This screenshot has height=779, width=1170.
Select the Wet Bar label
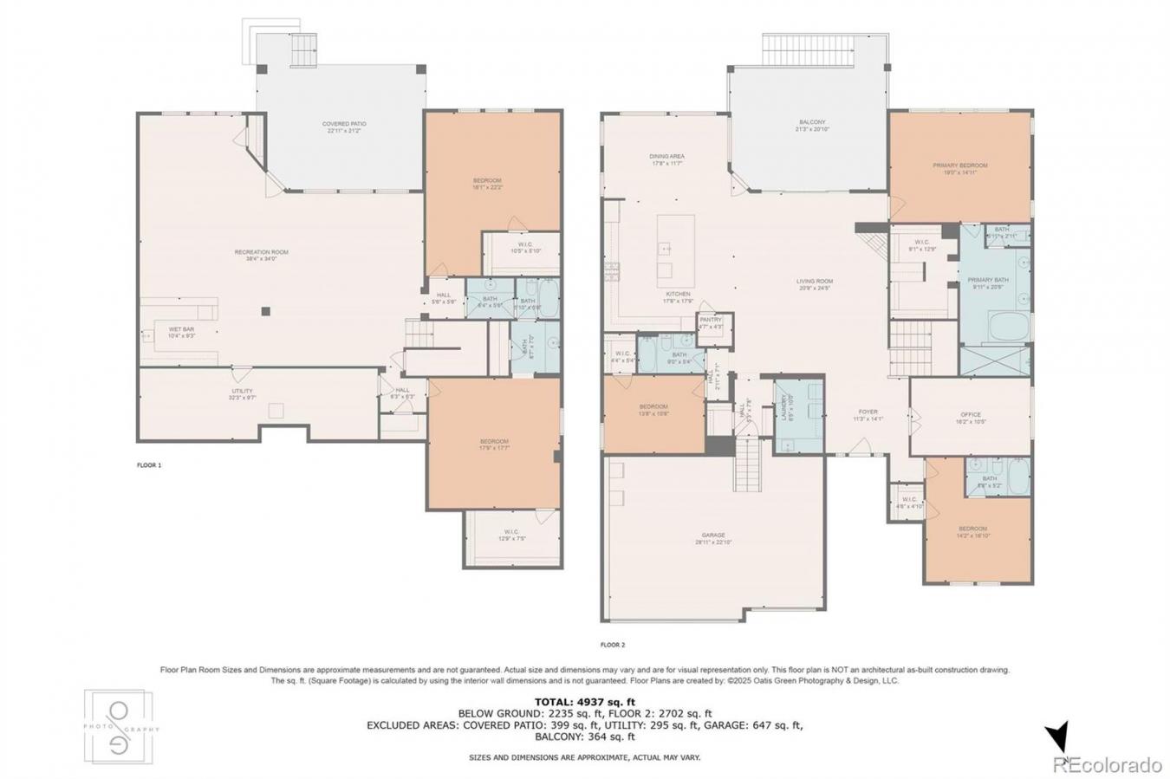coord(180,332)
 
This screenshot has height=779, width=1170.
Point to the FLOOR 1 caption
coord(149,465)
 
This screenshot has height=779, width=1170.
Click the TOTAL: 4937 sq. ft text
coord(585,701)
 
